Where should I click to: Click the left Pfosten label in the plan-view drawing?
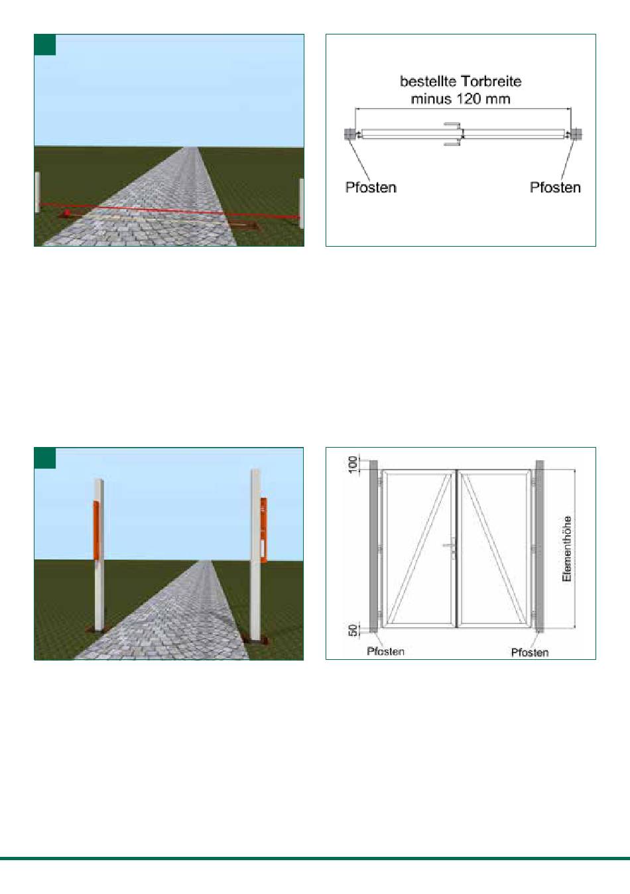coord(371,187)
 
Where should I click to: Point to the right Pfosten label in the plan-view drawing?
coord(555,187)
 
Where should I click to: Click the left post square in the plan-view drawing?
coord(349,134)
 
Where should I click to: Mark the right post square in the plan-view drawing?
coord(576,134)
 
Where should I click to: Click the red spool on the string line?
coord(68,212)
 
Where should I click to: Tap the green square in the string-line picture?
coord(45,44)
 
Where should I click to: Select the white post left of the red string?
coord(38,192)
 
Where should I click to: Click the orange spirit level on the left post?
coord(96,530)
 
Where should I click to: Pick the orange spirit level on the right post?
coord(264,530)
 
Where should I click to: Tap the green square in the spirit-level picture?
coord(45,458)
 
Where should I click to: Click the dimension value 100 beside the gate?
coord(353,464)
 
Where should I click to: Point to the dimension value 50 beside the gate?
coord(353,631)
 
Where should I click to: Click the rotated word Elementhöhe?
coord(566,548)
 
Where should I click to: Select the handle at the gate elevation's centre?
coord(451,546)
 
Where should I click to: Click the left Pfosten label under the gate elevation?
coord(385,651)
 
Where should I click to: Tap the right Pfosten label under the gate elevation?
coord(530,652)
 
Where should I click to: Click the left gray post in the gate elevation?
coord(373,546)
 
